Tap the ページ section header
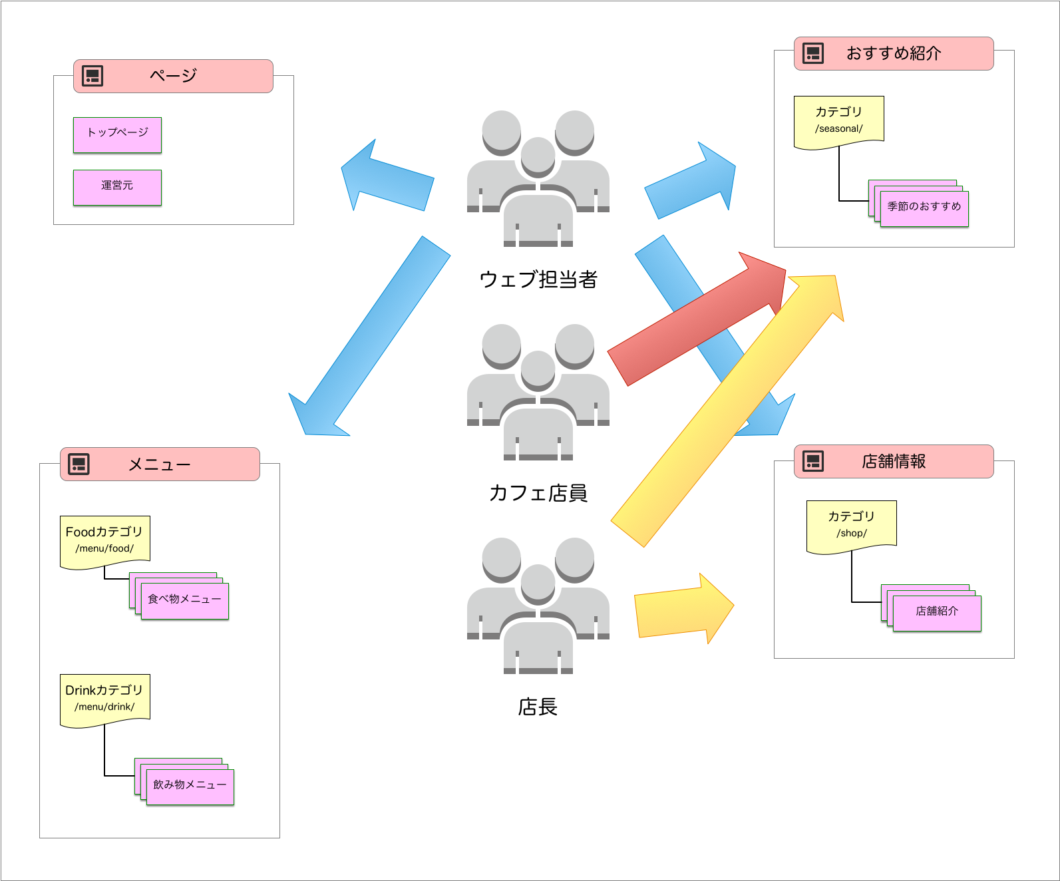click(173, 76)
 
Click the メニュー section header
click(160, 464)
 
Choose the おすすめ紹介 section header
click(894, 53)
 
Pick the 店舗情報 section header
click(894, 461)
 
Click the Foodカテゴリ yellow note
click(104, 540)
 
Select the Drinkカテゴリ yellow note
click(104, 698)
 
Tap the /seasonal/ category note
click(838, 120)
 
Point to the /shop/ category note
click(851, 524)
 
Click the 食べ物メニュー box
click(185, 600)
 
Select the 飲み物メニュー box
click(190, 786)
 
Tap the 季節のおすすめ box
click(924, 208)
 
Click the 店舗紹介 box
click(937, 612)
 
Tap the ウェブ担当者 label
click(538, 279)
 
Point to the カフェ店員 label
click(538, 493)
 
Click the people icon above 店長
click(538, 606)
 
